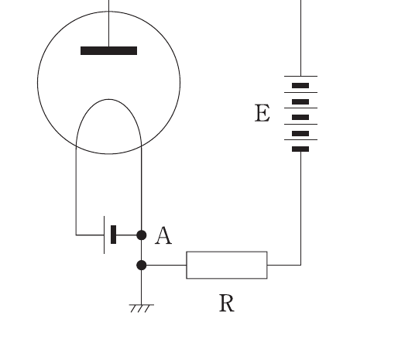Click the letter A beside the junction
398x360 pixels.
click(163, 235)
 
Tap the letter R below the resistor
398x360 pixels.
click(227, 303)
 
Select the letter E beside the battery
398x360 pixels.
click(262, 113)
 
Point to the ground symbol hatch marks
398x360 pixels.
click(142, 308)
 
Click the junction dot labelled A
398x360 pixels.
click(142, 235)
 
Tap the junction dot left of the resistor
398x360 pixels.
click(142, 265)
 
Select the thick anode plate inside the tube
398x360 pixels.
click(108, 50)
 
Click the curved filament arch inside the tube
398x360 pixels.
click(108, 99)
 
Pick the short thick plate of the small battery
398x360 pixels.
click(113, 235)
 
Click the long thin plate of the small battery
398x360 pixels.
click(105, 235)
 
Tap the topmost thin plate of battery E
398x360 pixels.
click(300, 76)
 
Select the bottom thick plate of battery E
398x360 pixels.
click(300, 149)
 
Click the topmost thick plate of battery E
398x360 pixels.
click(300, 85)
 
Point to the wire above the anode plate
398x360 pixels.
click(108, 23)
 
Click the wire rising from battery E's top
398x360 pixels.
click(300, 38)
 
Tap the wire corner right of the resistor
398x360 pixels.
click(300, 265)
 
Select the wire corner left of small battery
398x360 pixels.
click(76, 235)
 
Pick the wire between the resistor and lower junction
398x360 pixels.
click(166, 265)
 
